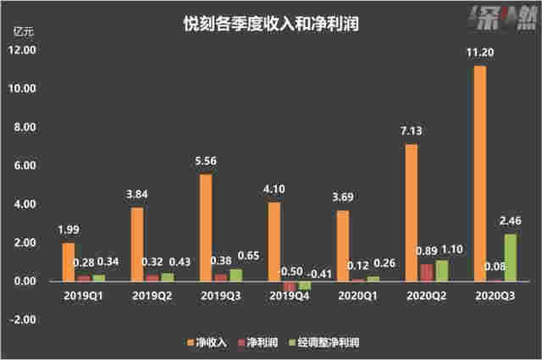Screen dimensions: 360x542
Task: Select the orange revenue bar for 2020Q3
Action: coord(478,173)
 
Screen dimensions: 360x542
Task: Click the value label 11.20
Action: coord(479,54)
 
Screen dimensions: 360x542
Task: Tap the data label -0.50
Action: coord(292,270)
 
